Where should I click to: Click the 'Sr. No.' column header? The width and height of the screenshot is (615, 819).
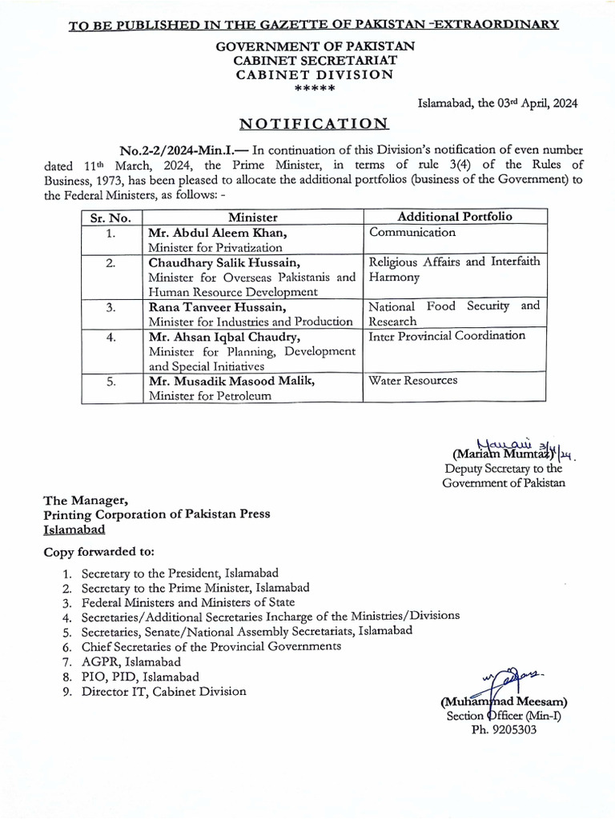tap(111, 218)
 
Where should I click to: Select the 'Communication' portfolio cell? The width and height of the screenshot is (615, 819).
tap(412, 233)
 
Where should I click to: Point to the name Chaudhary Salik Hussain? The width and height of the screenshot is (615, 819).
tap(227, 262)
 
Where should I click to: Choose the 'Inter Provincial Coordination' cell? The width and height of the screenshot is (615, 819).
tap(447, 336)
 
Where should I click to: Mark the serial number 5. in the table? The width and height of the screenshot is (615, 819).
tap(111, 382)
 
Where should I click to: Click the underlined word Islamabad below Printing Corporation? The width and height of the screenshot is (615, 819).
tap(74, 529)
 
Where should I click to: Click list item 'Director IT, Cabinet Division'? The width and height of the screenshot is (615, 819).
tap(163, 691)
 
